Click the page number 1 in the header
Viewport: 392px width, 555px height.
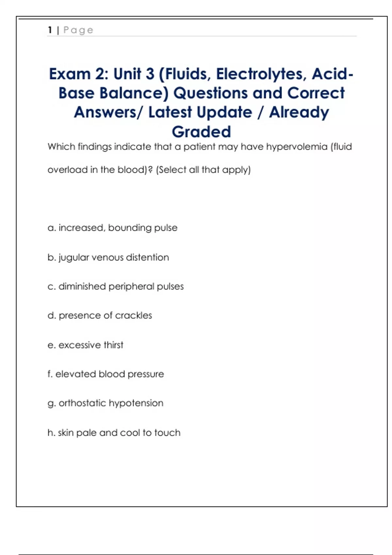pyautogui.click(x=50, y=30)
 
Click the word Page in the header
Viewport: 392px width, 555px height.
pyautogui.click(x=78, y=30)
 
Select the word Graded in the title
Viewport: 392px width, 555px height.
pyautogui.click(x=201, y=132)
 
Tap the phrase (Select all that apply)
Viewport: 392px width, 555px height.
pyautogui.click(x=203, y=170)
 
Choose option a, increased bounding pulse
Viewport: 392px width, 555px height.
pyautogui.click(x=112, y=228)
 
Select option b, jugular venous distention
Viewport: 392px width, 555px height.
pyautogui.click(x=108, y=257)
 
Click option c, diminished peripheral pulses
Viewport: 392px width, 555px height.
pyautogui.click(x=116, y=286)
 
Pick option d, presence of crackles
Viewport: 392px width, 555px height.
pyautogui.click(x=100, y=315)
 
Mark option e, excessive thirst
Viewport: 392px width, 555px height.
pyautogui.click(x=86, y=345)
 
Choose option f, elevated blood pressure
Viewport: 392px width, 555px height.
pyautogui.click(x=106, y=374)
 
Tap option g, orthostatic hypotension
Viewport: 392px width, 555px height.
pyautogui.click(x=105, y=403)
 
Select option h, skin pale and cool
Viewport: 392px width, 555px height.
pyautogui.click(x=114, y=433)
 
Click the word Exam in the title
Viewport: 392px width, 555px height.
pyautogui.click(x=70, y=74)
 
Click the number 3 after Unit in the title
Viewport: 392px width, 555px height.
pyautogui.click(x=150, y=74)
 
